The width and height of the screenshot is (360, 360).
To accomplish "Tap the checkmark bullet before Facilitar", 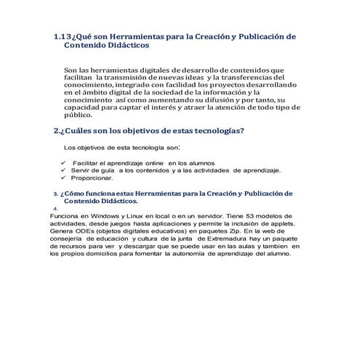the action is tap(63, 163).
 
